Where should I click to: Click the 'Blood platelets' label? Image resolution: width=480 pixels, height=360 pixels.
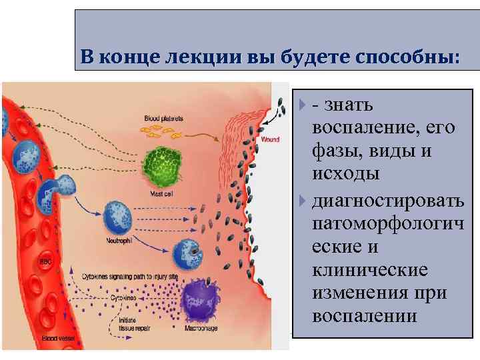164,118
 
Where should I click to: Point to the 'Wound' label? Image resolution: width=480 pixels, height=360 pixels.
270,140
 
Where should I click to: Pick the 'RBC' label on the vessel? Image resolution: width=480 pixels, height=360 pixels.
45,261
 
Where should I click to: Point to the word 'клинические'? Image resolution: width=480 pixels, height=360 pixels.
369,270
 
